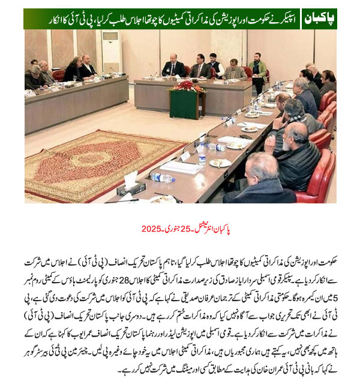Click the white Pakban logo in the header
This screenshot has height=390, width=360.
[x=319, y=19]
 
